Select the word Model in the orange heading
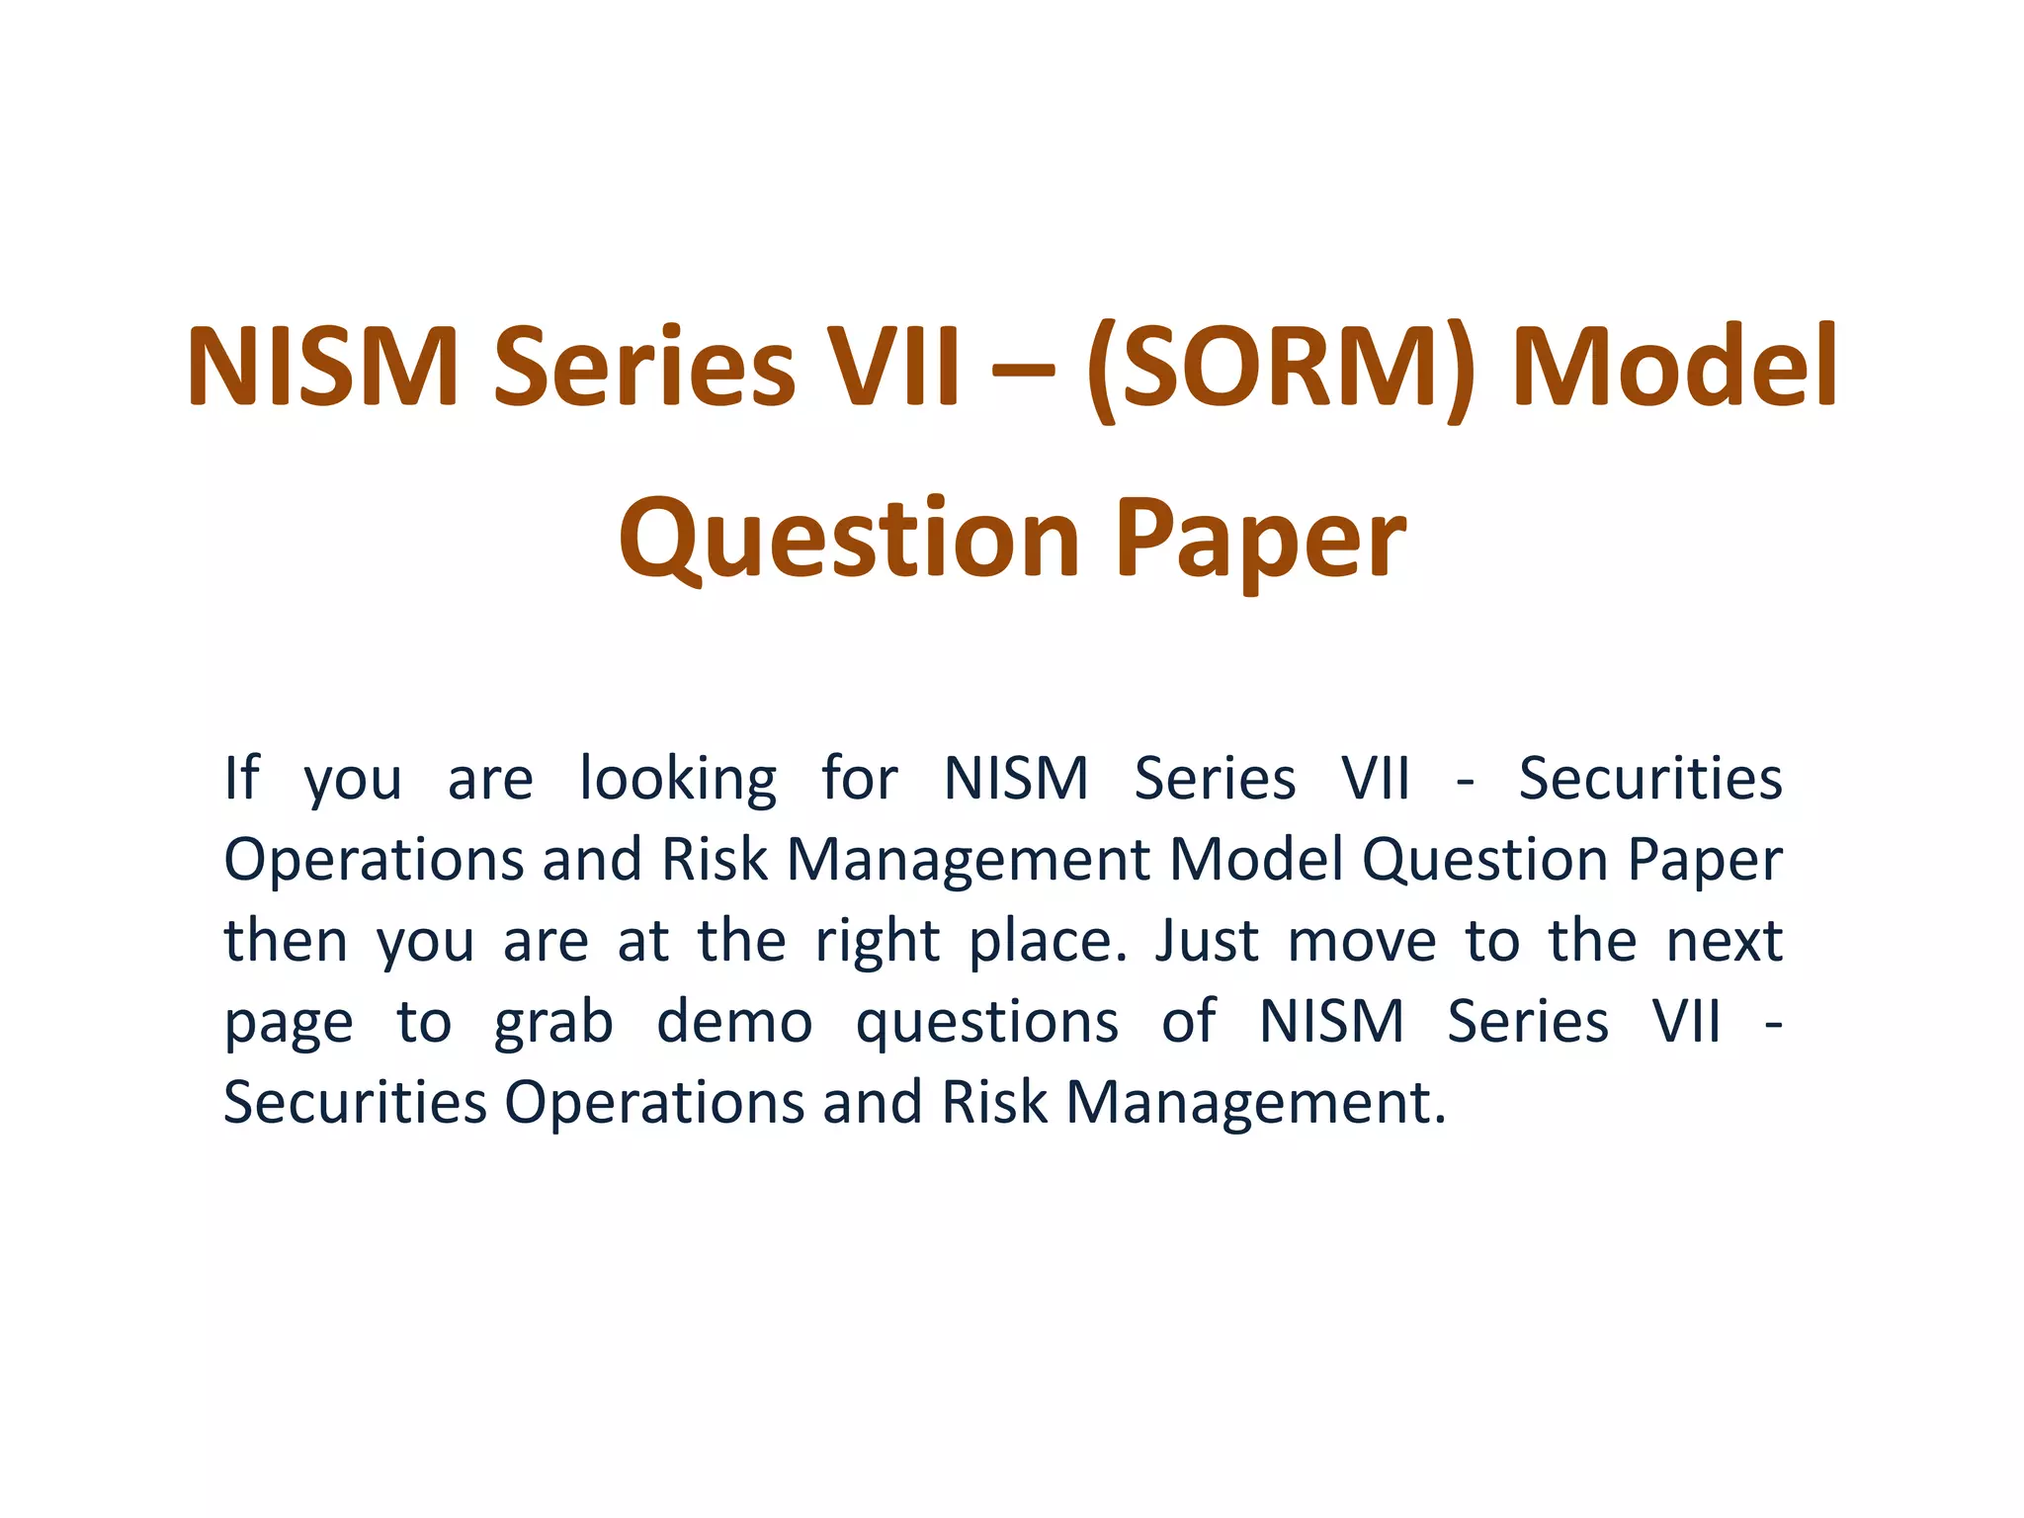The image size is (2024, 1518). click(x=1674, y=368)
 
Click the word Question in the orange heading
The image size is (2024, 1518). click(x=849, y=540)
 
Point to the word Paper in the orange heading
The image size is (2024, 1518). click(x=1260, y=544)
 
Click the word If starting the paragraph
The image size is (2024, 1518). click(x=241, y=778)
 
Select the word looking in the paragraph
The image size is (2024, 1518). click(x=678, y=781)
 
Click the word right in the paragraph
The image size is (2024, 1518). click(x=877, y=942)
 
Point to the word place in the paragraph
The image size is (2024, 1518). click(x=1047, y=942)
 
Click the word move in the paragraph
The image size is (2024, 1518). click(x=1362, y=942)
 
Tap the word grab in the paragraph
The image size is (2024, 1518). click(x=553, y=1023)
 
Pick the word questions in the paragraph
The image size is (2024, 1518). click(x=986, y=1023)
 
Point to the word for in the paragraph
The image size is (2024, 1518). click(x=859, y=778)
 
